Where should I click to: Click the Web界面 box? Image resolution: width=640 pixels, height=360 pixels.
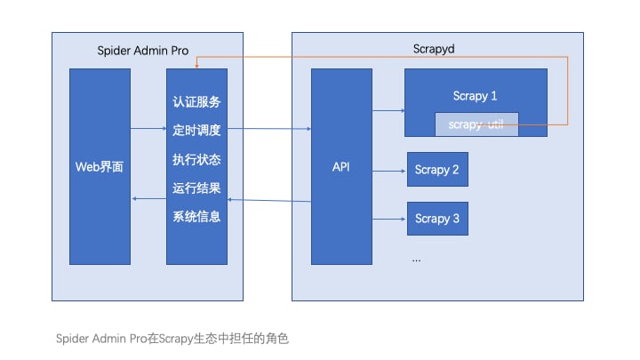[100, 166]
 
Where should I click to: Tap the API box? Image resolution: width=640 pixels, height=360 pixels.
[340, 166]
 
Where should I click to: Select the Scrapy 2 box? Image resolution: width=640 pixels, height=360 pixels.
[437, 170]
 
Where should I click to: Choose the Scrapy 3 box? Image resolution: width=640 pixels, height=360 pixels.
[437, 219]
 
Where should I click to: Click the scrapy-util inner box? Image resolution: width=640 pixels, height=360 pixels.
[476, 124]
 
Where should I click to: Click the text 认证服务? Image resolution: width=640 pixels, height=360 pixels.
[196, 101]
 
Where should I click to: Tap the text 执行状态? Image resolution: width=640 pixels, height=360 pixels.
[196, 159]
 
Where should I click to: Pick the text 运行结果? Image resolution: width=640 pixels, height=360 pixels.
[196, 188]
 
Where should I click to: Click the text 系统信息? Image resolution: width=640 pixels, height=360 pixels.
[196, 216]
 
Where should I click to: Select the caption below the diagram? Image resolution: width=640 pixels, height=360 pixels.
[173, 339]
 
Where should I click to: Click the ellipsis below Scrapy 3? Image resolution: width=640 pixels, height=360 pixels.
[416, 258]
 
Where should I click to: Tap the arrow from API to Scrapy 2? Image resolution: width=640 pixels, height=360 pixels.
[389, 170]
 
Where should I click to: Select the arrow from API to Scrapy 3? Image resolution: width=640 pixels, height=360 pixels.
[389, 219]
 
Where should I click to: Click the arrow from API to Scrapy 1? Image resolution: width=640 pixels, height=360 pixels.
[388, 111]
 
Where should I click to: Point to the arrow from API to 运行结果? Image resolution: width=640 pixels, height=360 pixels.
[269, 201]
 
